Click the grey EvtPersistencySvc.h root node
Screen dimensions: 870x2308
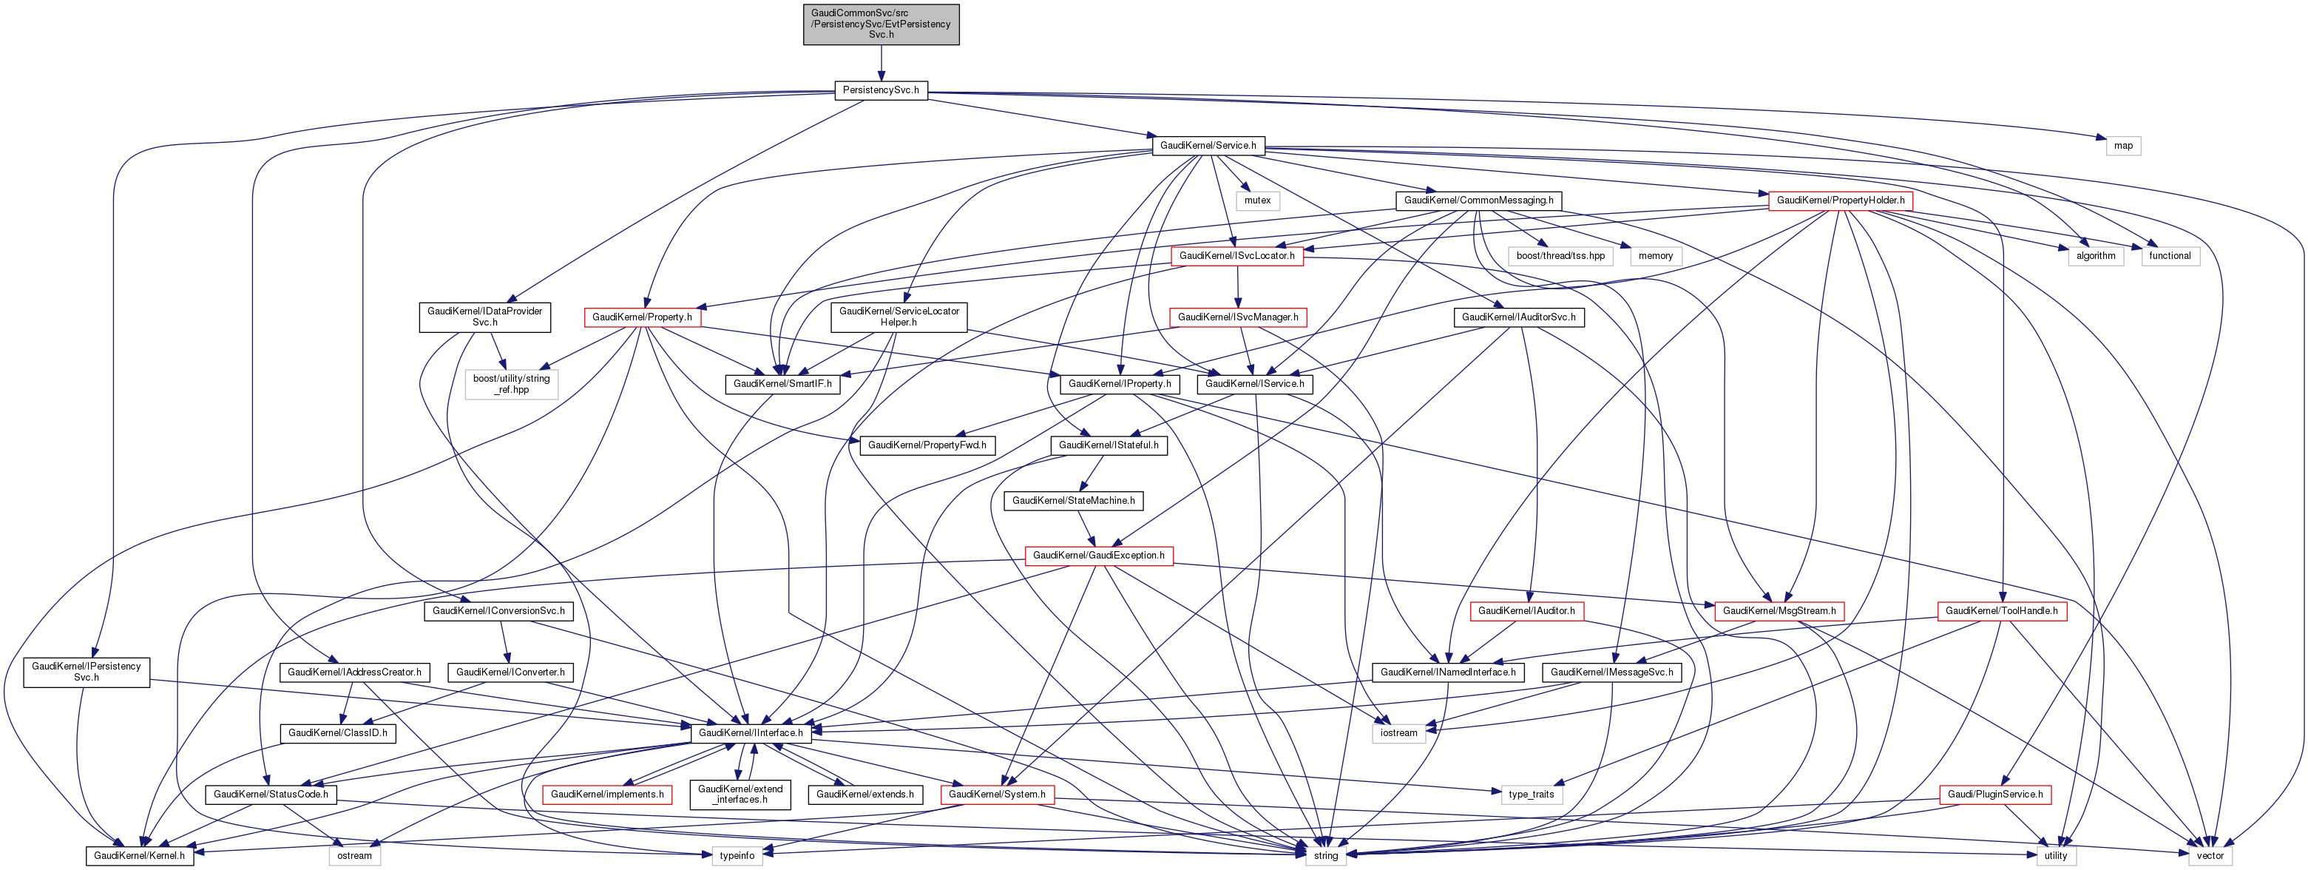click(x=881, y=24)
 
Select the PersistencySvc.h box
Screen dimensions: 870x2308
click(x=881, y=90)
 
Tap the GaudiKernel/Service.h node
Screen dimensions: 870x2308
click(x=1208, y=145)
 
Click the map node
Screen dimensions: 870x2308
click(x=2122, y=145)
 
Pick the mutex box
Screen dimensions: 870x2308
click(x=1257, y=200)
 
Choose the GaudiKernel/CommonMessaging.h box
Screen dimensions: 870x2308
click(x=1478, y=200)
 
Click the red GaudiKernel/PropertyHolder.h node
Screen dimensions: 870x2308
click(x=1841, y=200)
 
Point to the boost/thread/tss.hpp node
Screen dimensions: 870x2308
click(x=1560, y=256)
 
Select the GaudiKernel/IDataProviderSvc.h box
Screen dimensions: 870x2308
click(x=484, y=317)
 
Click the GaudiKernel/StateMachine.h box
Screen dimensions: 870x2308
click(x=1073, y=501)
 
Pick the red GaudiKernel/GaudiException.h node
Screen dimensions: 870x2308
click(x=1098, y=556)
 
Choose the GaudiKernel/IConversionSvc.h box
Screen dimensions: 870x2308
click(x=498, y=611)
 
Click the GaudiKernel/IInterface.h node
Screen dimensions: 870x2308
click(x=751, y=733)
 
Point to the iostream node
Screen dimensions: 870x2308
click(x=1398, y=733)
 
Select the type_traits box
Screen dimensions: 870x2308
click(x=1532, y=795)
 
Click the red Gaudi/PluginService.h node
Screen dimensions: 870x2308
click(x=1995, y=795)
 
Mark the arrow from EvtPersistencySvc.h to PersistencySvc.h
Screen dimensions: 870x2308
click(x=881, y=64)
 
